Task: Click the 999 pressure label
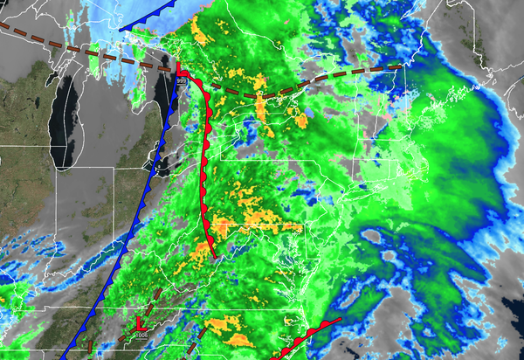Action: click(181, 80)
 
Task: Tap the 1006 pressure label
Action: click(141, 333)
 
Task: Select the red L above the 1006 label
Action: click(138, 324)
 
